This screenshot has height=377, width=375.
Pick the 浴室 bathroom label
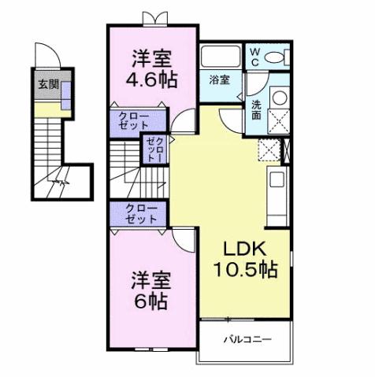click(220, 79)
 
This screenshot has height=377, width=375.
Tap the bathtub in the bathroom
click(220, 57)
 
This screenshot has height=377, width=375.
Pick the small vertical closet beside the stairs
click(152, 149)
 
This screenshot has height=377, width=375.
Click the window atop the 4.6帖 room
click(152, 17)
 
